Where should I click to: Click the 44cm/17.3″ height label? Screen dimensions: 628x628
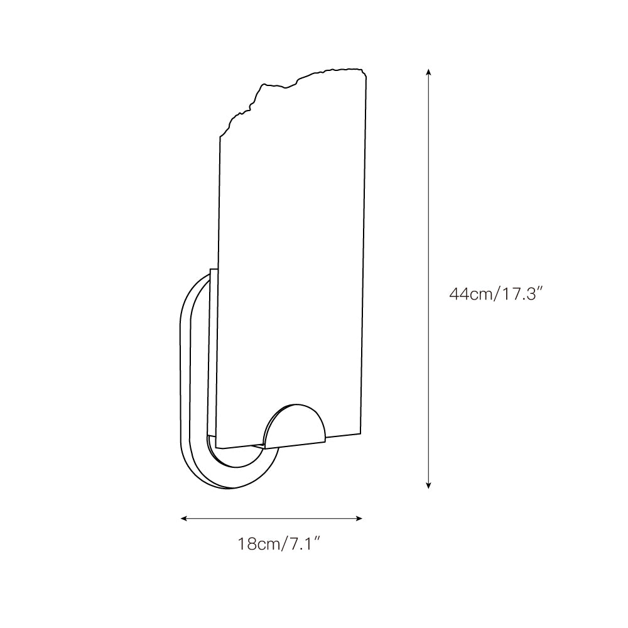click(495, 293)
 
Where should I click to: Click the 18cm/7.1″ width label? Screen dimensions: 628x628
click(279, 544)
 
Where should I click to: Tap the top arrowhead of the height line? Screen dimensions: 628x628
click(428, 72)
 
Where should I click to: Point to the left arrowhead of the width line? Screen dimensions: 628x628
click(184, 518)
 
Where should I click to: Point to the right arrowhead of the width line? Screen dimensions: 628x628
click(360, 518)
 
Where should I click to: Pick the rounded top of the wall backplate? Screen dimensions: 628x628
click(195, 289)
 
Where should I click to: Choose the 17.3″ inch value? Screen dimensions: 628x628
click(520, 293)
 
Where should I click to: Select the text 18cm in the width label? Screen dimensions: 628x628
click(256, 544)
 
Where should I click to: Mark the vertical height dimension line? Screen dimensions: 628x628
click(428, 276)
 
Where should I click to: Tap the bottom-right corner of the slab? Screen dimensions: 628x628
click(362, 431)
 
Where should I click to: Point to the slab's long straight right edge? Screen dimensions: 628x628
click(365, 251)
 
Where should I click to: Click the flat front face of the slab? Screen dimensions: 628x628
click(292, 251)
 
